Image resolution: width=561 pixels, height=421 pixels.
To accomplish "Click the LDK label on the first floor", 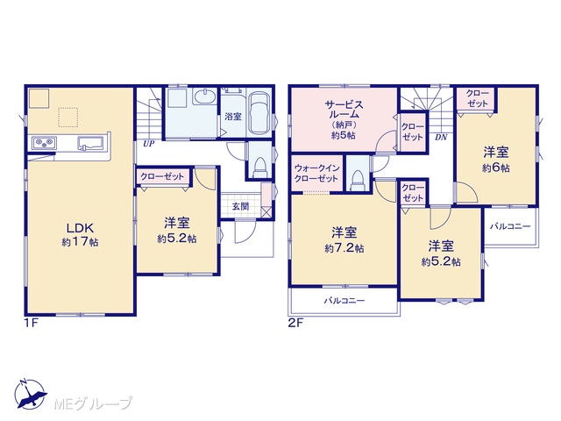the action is [81, 228].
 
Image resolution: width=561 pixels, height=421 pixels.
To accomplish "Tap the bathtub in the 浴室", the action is [259, 113].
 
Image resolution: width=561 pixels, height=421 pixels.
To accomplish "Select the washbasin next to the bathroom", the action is [204, 97].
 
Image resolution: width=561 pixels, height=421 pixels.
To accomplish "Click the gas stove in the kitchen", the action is [45, 144].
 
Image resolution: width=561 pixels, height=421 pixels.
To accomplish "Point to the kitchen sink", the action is [90, 144].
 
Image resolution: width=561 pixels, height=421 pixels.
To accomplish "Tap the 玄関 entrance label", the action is [240, 207].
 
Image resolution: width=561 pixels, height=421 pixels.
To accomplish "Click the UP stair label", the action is [148, 144].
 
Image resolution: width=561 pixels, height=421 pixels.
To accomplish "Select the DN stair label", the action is [441, 137].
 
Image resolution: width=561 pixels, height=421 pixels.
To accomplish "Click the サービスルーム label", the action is [344, 110].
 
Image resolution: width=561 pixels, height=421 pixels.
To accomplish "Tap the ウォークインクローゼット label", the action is [316, 173].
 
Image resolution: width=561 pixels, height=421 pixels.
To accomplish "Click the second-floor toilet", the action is [357, 180].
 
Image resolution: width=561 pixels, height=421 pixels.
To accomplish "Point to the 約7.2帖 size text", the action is [344, 248].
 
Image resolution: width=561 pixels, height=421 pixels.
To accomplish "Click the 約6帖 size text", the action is [495, 168].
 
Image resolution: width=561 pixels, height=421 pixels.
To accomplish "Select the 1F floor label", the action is [31, 324].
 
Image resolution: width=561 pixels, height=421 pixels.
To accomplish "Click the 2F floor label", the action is [295, 324].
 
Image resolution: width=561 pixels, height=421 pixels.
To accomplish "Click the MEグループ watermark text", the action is [93, 403].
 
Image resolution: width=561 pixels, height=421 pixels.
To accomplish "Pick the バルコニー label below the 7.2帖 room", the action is [344, 300].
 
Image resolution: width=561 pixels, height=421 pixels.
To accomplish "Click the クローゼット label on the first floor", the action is [162, 176].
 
